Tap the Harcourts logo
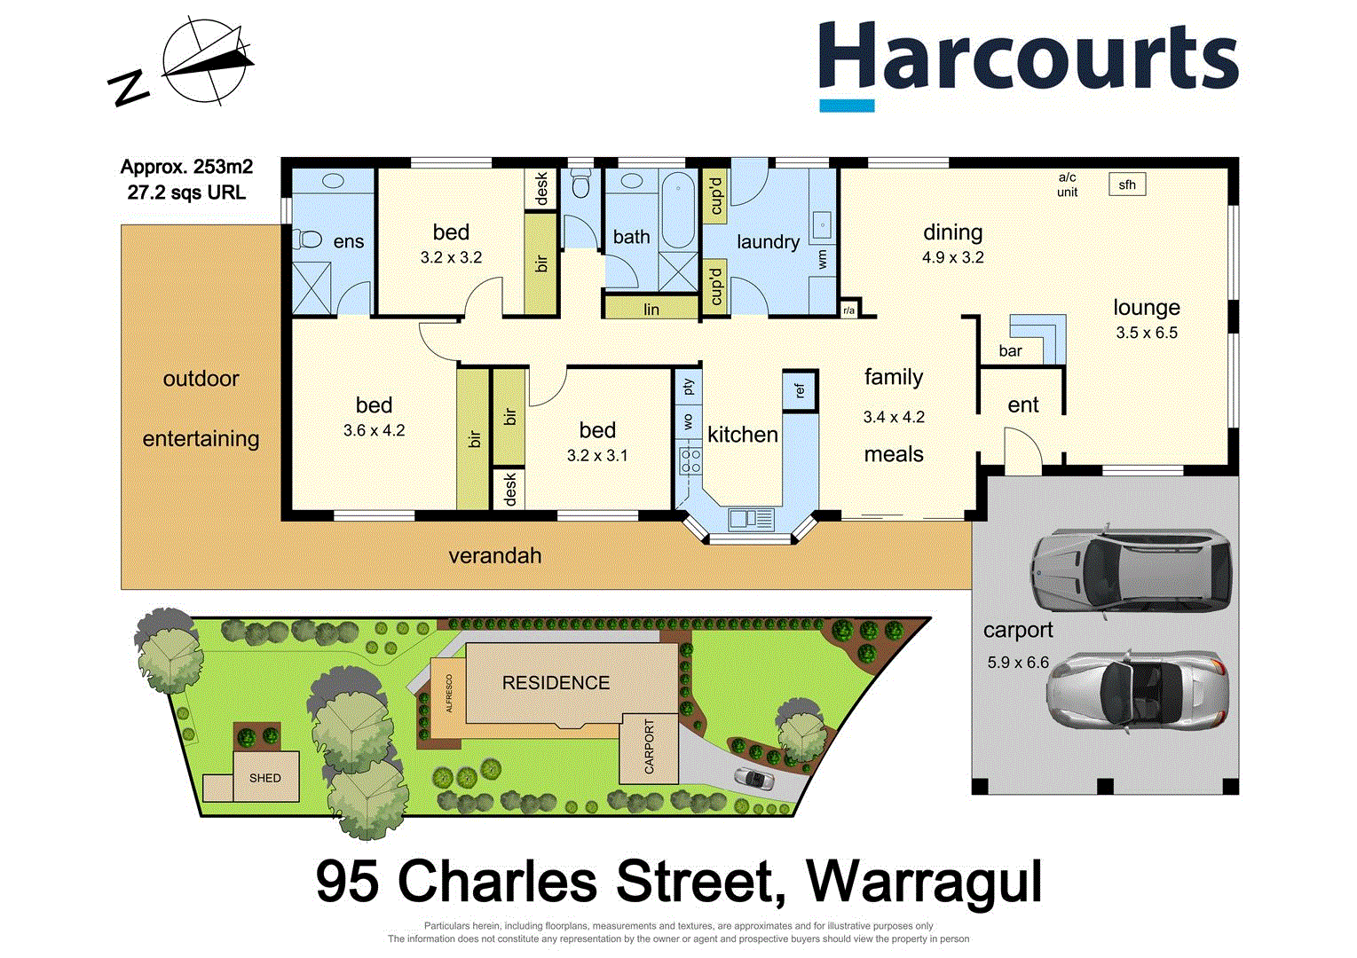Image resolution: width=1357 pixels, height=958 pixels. coord(1027,63)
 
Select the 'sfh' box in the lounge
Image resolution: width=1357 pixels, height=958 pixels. coord(1127,185)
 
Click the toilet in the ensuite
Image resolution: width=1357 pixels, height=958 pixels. coord(308,239)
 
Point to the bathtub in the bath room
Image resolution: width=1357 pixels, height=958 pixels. coord(678,210)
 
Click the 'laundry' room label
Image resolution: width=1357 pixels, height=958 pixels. coord(768,241)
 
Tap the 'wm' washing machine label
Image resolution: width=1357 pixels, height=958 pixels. coord(823,258)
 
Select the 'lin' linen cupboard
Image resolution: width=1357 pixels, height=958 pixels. coord(651,309)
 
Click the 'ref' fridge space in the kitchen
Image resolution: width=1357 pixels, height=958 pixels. coord(800,389)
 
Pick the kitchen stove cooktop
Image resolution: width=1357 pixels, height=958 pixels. coord(690,460)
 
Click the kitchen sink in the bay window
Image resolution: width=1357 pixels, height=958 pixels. coord(751,518)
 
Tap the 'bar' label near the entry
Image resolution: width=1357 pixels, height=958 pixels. coord(1010,351)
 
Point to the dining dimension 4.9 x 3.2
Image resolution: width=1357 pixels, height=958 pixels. coord(952,258)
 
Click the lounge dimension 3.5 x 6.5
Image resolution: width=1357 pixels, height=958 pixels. coord(1147,334)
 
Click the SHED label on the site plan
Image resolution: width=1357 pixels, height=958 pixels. coord(264,778)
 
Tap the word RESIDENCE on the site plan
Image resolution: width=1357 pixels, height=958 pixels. coord(556,683)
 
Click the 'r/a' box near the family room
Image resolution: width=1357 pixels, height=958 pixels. coord(849,310)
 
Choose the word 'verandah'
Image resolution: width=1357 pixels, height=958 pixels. coord(494,556)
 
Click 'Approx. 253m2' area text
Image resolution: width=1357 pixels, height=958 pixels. coord(186,167)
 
